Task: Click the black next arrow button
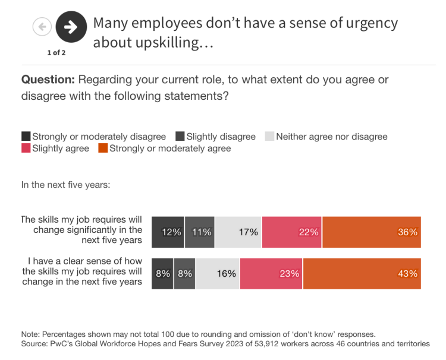(x=71, y=27)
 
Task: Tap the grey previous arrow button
(x=42, y=27)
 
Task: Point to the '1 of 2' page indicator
(x=56, y=53)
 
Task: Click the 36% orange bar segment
(x=371, y=232)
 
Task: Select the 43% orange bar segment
(x=362, y=274)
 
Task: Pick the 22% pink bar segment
(x=291, y=232)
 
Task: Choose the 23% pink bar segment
(x=271, y=274)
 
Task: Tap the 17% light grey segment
(x=238, y=232)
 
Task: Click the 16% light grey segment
(x=218, y=274)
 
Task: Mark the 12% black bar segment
(x=168, y=232)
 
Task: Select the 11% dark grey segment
(x=199, y=232)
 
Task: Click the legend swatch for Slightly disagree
(x=181, y=137)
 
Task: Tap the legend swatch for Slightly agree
(x=26, y=149)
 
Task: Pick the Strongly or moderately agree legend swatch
(x=103, y=149)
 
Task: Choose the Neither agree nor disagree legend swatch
(x=269, y=137)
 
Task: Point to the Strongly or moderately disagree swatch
(x=26, y=137)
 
